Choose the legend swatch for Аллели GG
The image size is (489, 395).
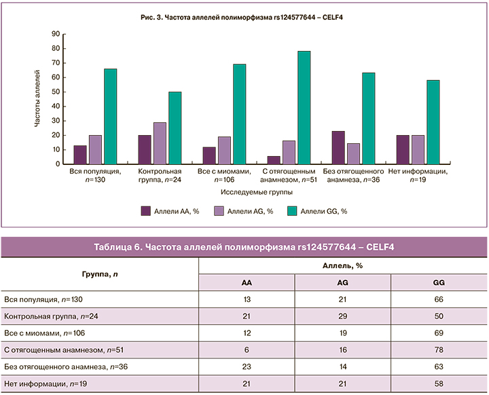[x=294, y=211]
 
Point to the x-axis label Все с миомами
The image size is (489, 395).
[x=223, y=172]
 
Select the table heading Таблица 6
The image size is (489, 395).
[x=244, y=246]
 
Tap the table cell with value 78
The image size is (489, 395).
[x=439, y=350]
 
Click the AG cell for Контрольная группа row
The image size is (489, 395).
[x=342, y=316]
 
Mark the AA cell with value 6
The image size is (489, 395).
[x=246, y=350]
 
